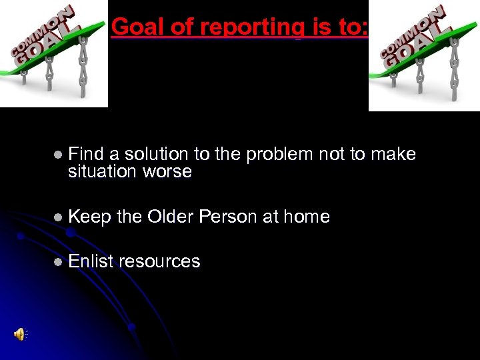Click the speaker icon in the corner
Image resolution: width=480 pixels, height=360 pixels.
point(20,335)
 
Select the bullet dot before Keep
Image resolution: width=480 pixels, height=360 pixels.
point(58,217)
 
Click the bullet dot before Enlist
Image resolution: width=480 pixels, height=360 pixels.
point(58,262)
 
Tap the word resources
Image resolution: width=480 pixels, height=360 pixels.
point(159,261)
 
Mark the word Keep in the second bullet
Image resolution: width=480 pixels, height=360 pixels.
point(89,217)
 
